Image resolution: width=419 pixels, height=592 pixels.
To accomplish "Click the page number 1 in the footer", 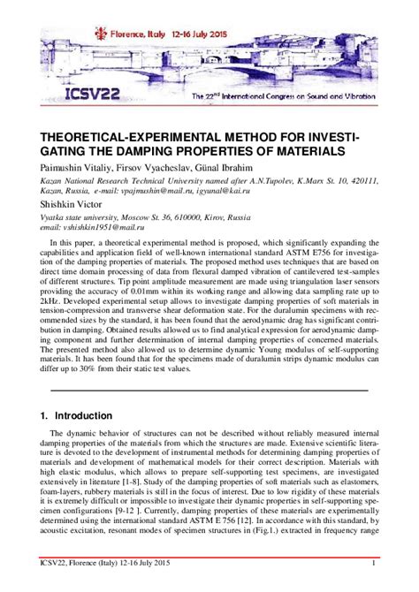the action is pos(375,564).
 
